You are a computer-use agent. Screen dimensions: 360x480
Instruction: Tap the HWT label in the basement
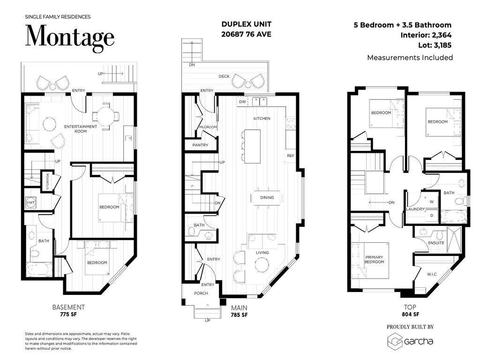tap(30, 202)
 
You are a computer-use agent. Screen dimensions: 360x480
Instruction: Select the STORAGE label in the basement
tap(47, 181)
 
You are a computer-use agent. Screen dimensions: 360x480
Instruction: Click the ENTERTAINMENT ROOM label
tap(81, 129)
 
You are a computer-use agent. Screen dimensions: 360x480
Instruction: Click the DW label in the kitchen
tap(242, 101)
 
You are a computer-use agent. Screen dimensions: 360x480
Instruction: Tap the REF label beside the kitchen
tap(290, 156)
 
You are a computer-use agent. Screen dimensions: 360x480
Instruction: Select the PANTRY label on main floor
tap(200, 146)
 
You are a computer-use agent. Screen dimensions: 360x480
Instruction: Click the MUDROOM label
tap(208, 127)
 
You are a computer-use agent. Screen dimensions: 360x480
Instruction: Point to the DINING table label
tap(267, 198)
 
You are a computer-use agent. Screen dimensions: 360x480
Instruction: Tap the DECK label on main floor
tap(224, 76)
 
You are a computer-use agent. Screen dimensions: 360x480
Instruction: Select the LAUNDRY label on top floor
tap(415, 209)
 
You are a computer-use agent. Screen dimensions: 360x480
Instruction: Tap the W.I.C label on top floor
tap(432, 274)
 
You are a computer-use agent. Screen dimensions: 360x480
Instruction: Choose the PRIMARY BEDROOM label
tap(375, 259)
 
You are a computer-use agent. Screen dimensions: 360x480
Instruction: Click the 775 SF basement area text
tap(68, 315)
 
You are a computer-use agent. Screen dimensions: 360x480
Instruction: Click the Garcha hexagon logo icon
tap(394, 341)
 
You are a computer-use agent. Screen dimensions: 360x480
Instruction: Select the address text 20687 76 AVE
tap(246, 34)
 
